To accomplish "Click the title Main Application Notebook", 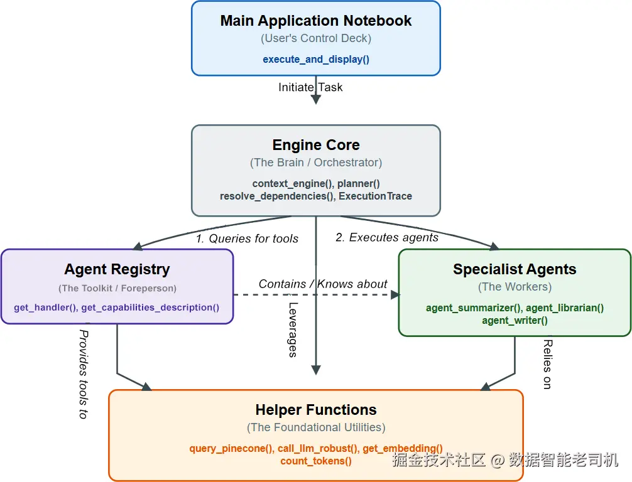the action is [315, 21].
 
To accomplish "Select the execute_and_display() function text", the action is [316, 59].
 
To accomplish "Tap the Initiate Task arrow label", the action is [310, 87].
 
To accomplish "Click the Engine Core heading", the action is [316, 144].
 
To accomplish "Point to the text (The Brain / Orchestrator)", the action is [316, 163].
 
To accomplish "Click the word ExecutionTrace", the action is [375, 196].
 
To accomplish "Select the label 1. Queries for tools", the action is [247, 238].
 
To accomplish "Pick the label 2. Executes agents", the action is [387, 237].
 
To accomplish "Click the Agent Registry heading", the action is [117, 269].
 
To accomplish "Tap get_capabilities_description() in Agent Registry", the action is [150, 308].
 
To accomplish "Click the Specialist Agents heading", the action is [515, 269].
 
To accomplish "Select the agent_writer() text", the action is [515, 321].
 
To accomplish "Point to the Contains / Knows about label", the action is [323, 284].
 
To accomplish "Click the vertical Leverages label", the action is [293, 329].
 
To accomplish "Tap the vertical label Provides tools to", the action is [84, 375].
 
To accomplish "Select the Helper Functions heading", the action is [316, 410].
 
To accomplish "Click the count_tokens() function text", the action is [316, 461].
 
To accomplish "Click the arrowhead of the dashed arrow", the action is [395, 295].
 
